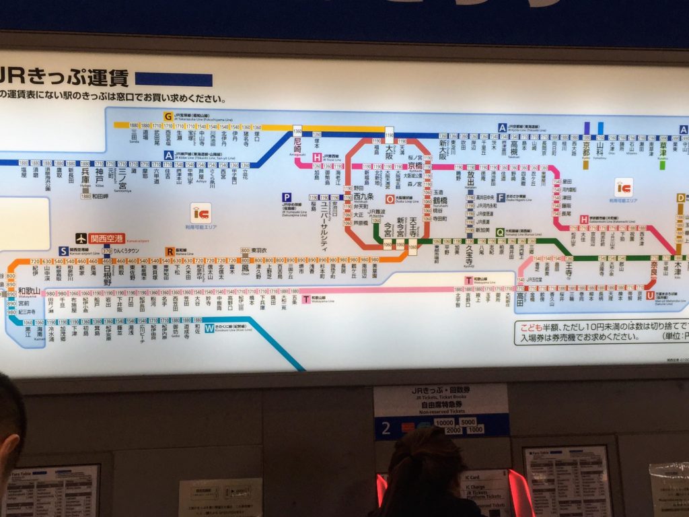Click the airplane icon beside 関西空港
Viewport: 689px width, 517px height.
coord(81,238)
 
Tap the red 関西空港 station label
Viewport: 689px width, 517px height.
coord(108,238)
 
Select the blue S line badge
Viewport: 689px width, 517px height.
coord(63,251)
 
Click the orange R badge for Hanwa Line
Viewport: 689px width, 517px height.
coord(169,251)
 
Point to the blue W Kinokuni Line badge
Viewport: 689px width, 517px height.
coord(210,329)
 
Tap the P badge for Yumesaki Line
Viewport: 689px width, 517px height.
coord(287,197)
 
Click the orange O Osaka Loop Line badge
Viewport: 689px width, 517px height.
coord(390,199)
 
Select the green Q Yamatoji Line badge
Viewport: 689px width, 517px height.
coord(500,232)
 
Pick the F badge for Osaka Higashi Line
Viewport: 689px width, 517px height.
coord(501,197)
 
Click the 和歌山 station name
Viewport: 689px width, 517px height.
coord(30,291)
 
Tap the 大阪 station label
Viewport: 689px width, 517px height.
coord(388,156)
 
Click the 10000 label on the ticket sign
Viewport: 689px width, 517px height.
coord(443,422)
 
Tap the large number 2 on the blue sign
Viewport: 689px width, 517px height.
coord(386,426)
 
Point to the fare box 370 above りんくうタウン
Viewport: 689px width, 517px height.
coord(106,251)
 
